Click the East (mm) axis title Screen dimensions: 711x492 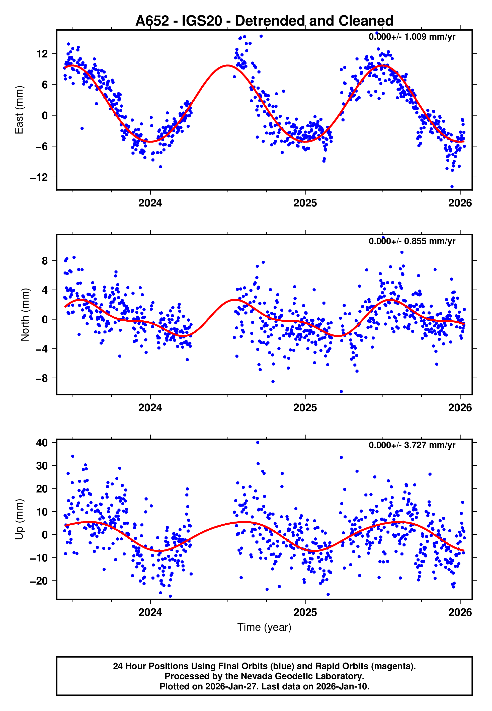tap(19, 110)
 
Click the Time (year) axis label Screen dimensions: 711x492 tap(264, 627)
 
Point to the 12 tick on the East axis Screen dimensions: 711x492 tap(42, 54)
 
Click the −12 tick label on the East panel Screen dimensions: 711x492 tap(39, 177)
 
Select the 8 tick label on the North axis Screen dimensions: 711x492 tap(45, 261)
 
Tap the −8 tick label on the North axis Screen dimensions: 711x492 tap(42, 378)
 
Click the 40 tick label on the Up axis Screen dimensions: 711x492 tap(42, 443)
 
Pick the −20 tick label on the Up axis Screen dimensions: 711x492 tap(39, 581)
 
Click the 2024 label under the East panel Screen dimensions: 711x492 tap(150, 203)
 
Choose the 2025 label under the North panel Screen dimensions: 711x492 tap(305, 408)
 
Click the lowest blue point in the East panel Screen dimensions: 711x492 tap(452, 187)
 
